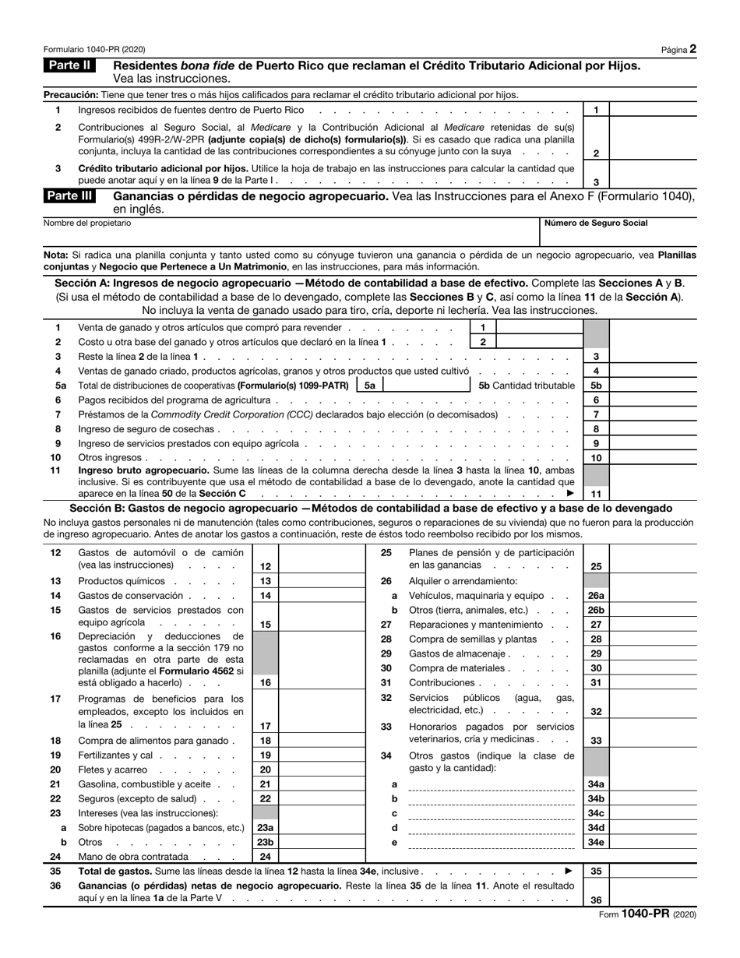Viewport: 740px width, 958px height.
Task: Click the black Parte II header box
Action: pos(69,65)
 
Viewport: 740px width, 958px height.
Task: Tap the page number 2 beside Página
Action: pos(692,49)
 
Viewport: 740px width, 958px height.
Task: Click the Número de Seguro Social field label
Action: pos(595,224)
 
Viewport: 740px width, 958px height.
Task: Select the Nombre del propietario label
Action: pos(87,224)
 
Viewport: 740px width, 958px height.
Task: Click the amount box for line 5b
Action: pos(653,386)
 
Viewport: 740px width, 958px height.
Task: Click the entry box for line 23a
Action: pos(321,828)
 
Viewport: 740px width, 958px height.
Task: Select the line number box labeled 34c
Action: pos(596,813)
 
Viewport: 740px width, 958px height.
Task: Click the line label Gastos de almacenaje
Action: pos(458,653)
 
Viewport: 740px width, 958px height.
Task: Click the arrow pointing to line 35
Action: pos(569,871)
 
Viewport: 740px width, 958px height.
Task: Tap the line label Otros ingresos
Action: pos(110,458)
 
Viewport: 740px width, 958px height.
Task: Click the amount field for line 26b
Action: pos(653,610)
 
